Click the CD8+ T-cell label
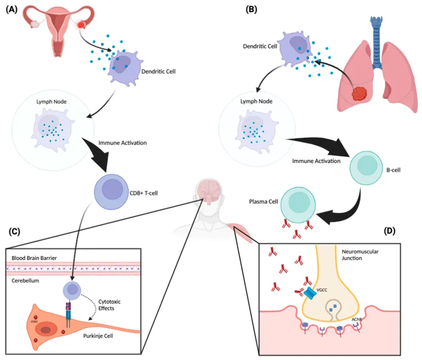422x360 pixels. point(142,193)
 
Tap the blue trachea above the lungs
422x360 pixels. point(376,37)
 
